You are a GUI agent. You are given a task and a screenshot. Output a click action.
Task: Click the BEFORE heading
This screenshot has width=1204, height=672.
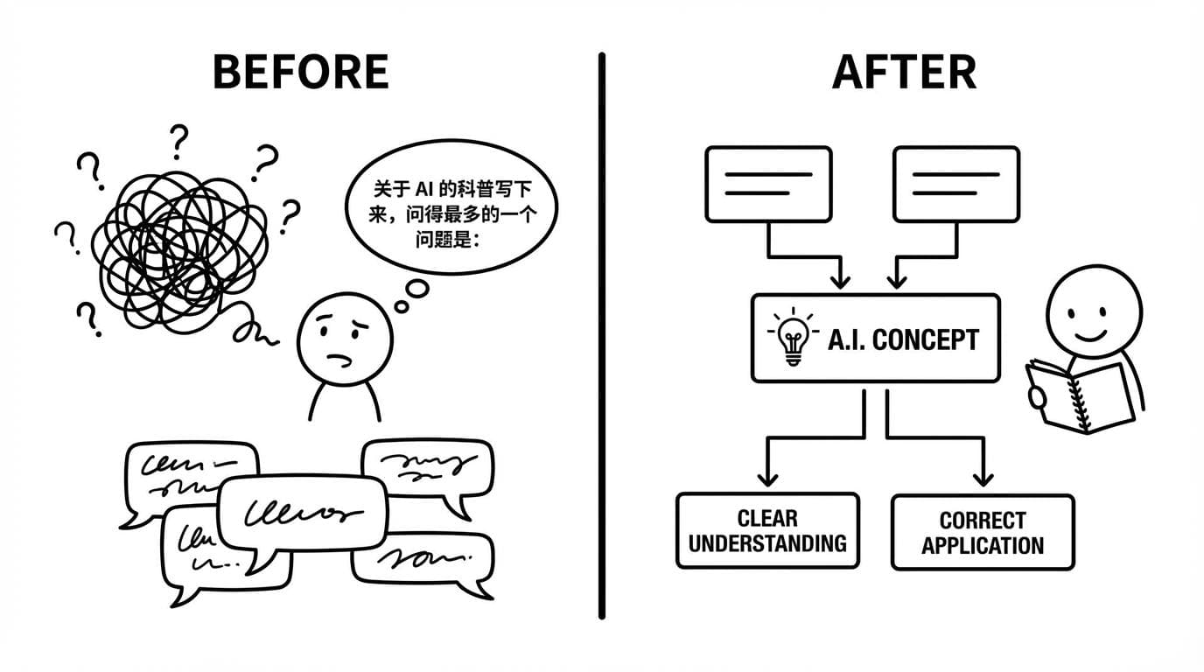(300, 73)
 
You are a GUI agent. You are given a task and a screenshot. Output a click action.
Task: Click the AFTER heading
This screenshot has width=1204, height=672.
(904, 73)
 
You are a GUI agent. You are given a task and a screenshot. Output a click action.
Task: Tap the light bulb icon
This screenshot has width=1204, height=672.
(792, 339)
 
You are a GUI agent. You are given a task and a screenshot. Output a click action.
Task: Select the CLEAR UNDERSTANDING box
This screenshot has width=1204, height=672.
(767, 531)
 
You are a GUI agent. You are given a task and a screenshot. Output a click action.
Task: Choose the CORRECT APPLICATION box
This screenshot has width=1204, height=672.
(982, 532)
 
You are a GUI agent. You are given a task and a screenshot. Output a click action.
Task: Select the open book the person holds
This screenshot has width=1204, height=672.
(1079, 395)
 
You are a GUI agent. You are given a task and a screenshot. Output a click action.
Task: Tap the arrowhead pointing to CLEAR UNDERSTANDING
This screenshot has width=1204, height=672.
(767, 478)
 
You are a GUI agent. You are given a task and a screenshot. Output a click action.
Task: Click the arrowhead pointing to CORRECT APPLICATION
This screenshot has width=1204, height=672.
(983, 478)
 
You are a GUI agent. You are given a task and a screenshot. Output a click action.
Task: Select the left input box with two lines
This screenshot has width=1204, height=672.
(767, 184)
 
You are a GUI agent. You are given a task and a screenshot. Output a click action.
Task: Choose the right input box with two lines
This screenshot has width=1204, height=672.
(955, 184)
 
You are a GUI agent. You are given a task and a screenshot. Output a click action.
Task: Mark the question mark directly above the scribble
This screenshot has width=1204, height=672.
(179, 140)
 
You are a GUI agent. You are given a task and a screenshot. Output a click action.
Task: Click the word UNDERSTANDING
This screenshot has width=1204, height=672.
(767, 543)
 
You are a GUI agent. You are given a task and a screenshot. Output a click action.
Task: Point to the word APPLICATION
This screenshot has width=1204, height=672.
(982, 546)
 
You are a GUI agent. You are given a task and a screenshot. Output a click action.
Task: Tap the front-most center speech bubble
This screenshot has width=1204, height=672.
(302, 513)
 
